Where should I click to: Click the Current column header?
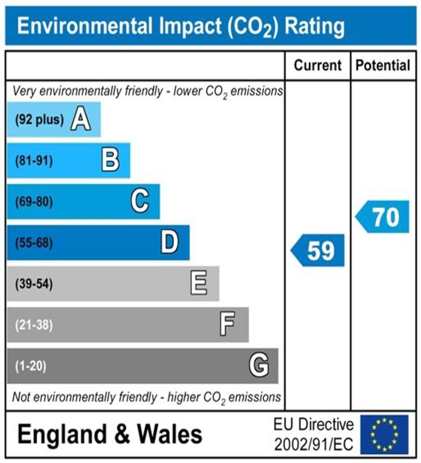(x=318, y=66)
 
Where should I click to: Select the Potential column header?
(x=383, y=66)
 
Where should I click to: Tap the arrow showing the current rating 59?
(x=318, y=250)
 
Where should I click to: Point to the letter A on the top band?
(x=80, y=120)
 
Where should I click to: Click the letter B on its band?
(x=110, y=161)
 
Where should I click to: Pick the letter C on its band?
(x=140, y=202)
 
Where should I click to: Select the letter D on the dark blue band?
(x=170, y=243)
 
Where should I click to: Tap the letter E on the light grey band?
(x=199, y=284)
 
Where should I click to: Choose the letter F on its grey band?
(x=227, y=325)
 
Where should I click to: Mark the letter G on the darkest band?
(x=259, y=365)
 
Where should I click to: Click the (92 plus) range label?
(x=40, y=120)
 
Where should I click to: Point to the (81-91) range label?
(x=34, y=161)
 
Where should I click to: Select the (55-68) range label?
(x=34, y=243)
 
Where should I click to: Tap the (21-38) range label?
(x=34, y=325)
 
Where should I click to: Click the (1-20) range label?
(x=31, y=366)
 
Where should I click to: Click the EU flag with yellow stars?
(x=384, y=435)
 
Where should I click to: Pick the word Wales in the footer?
(x=170, y=435)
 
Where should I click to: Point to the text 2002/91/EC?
(x=314, y=444)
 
